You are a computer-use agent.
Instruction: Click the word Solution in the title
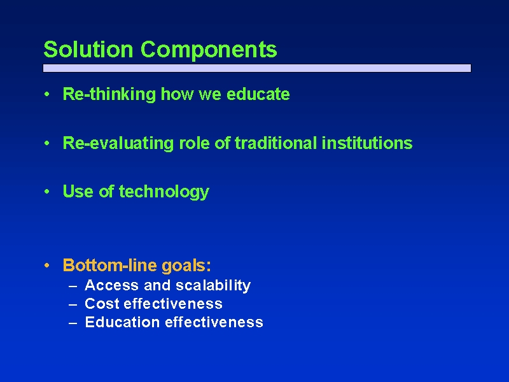click(88, 50)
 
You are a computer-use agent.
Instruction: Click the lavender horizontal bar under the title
click(257, 68)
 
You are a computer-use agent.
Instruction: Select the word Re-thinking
click(109, 94)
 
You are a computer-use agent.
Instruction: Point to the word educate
click(258, 94)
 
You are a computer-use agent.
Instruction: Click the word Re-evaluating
click(118, 143)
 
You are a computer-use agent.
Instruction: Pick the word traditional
click(275, 143)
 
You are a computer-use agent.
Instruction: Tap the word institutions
click(367, 143)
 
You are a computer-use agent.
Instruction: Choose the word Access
click(112, 285)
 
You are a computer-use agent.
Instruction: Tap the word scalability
click(213, 286)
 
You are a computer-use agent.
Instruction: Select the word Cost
click(102, 304)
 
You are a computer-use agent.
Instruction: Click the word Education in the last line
click(122, 322)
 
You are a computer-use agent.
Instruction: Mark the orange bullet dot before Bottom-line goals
click(47, 265)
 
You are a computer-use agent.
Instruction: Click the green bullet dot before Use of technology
click(47, 192)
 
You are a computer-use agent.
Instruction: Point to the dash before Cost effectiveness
click(73, 305)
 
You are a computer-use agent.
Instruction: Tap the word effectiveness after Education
click(214, 322)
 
